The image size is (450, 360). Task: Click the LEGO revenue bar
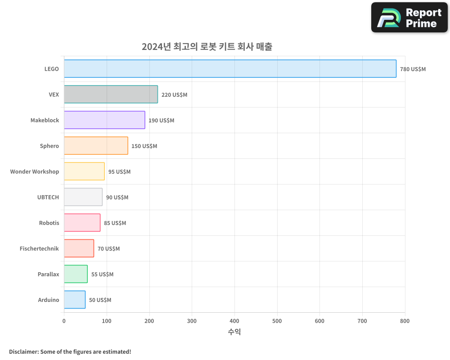point(230,69)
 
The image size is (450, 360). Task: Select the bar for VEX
point(111,94)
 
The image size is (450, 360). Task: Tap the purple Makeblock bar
point(104,120)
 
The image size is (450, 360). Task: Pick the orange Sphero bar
point(96,146)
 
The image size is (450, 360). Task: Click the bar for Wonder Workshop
point(84,171)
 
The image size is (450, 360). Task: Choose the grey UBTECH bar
point(83,197)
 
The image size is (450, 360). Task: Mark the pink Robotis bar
point(82,223)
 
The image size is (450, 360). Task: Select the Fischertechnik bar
point(79,248)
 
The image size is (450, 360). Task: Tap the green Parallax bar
point(76,274)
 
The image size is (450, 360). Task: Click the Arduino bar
point(75,300)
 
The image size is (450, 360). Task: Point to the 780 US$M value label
point(413,69)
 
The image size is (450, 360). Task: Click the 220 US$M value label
point(174,95)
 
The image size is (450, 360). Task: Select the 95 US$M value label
point(119,172)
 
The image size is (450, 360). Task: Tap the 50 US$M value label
point(100,300)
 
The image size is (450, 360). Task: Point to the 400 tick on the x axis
point(234,321)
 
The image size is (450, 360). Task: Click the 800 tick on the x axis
point(405,321)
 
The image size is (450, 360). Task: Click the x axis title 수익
point(234,332)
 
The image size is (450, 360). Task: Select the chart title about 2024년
point(207,46)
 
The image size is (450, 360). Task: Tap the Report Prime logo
point(409,18)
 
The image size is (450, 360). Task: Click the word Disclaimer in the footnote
point(23,351)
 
